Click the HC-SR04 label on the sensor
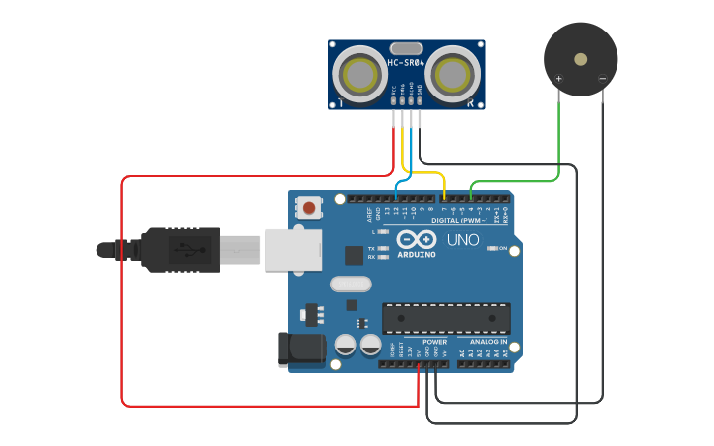(x=406, y=63)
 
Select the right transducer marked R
(x=454, y=74)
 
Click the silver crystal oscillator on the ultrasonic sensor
(x=406, y=47)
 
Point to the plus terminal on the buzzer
(x=559, y=78)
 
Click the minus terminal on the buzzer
(x=602, y=78)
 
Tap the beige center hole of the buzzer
(x=581, y=59)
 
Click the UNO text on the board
(x=463, y=239)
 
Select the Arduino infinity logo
(x=417, y=238)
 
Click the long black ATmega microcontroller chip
(x=446, y=318)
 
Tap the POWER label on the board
(x=434, y=342)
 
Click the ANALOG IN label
(x=487, y=342)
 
